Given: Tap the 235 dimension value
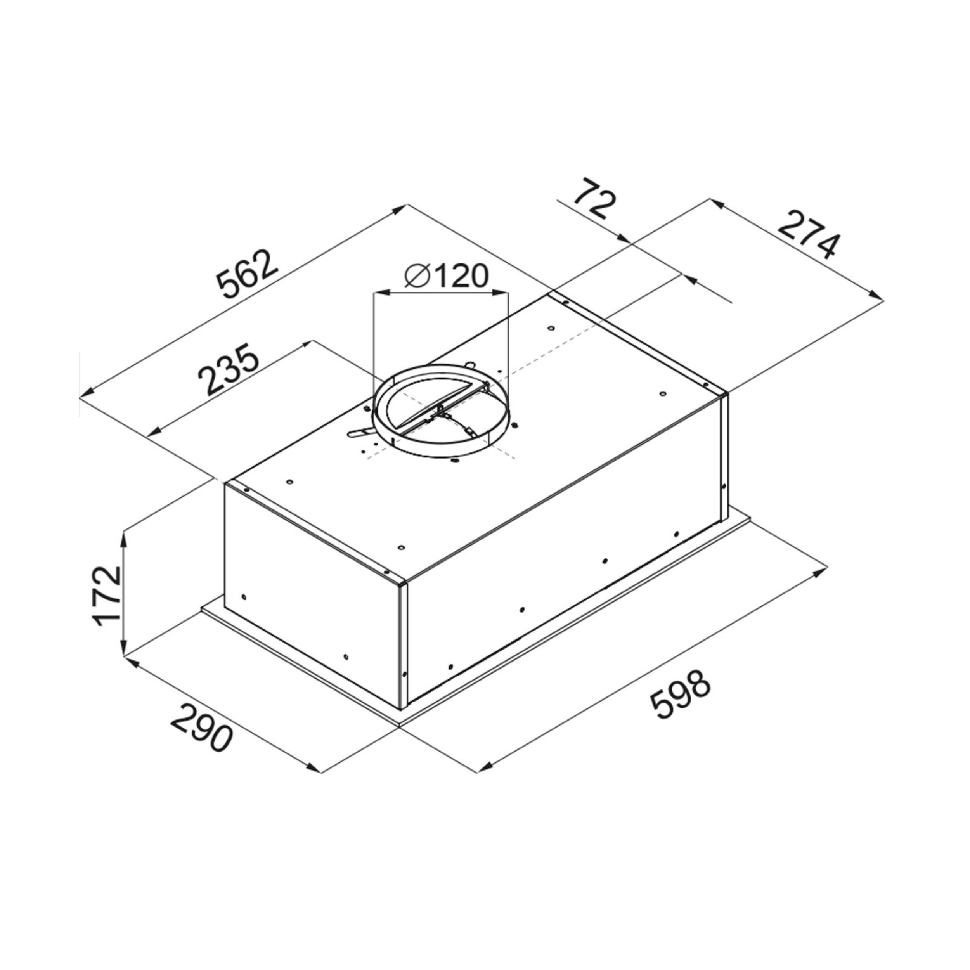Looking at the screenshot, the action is (229, 369).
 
